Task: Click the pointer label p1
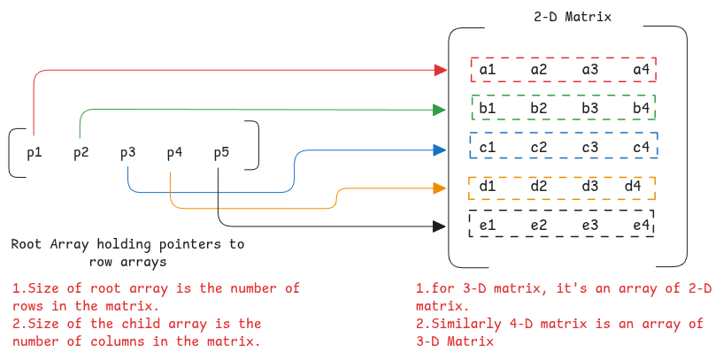[x=35, y=153]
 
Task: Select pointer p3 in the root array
[x=128, y=153]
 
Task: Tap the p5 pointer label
[x=221, y=153]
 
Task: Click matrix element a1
[x=488, y=69]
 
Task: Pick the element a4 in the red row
[x=641, y=69]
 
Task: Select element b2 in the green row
[x=539, y=108]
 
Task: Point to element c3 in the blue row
[x=590, y=147]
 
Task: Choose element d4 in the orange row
[x=633, y=186]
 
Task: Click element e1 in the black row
[x=488, y=226]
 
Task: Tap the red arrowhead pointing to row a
[x=440, y=69]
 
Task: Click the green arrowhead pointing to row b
[x=439, y=110]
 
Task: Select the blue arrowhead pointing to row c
[x=439, y=149]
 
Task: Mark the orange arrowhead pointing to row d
[x=439, y=188]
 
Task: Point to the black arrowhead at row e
[x=438, y=226]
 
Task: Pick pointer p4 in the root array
[x=174, y=153]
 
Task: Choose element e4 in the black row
[x=641, y=226]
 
